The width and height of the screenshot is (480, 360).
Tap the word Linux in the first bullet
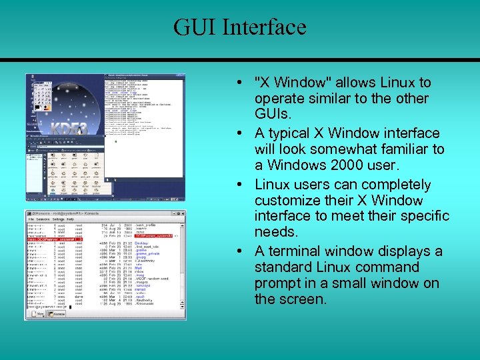[x=399, y=83]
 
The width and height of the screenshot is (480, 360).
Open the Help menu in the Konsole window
[x=71, y=219]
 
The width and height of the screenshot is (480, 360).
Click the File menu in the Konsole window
[x=31, y=219]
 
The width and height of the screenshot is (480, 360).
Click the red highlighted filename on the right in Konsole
[x=154, y=235]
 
